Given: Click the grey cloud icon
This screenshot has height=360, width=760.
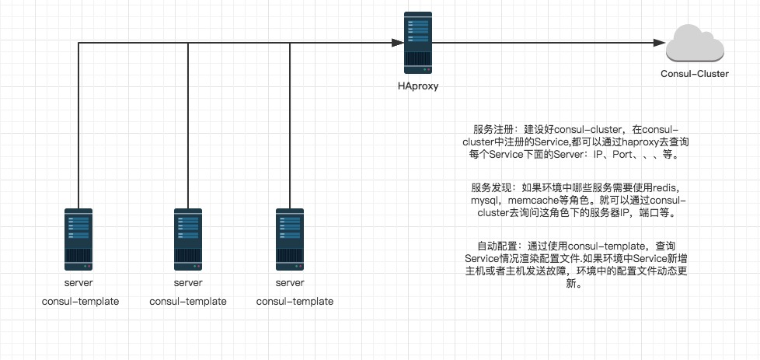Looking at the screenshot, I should pos(693,44).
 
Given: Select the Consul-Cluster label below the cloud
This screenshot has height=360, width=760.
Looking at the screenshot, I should pos(693,74).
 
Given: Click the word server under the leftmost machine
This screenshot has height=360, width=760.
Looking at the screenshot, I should pos(79,282).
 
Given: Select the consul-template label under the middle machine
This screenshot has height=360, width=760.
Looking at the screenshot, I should pos(187,302).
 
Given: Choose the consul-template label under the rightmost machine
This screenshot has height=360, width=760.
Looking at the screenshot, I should pos(295,302).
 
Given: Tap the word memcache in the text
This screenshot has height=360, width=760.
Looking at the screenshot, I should pos(535,200).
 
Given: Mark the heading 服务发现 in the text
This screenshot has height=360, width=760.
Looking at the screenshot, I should pos(490,187).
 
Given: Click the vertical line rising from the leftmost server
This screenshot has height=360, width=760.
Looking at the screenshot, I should pos(79,124).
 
